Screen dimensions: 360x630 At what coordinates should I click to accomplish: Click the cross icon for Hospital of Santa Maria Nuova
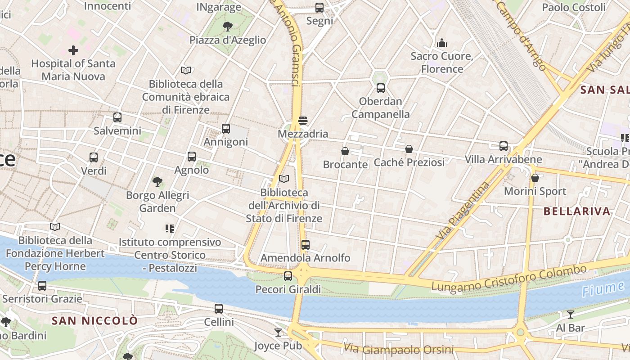click(73, 50)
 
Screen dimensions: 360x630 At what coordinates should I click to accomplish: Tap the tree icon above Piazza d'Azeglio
click(228, 27)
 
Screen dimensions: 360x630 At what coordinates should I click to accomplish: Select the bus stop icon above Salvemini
click(117, 117)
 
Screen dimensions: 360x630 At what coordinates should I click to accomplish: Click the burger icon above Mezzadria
click(303, 121)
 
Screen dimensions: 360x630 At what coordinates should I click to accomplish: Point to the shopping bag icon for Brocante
click(345, 151)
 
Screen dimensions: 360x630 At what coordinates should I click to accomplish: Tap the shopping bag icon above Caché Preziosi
click(409, 149)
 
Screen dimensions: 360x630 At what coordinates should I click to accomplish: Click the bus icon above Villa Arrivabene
click(504, 146)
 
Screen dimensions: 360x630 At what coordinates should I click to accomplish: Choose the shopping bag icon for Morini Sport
click(535, 178)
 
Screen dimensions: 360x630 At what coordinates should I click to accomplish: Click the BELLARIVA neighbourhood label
click(576, 211)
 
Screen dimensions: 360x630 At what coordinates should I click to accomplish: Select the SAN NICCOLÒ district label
click(94, 321)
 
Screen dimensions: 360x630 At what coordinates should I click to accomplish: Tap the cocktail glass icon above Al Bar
click(571, 315)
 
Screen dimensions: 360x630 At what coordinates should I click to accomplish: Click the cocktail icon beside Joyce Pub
click(278, 333)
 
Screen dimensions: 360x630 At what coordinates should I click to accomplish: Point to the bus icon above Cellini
click(219, 309)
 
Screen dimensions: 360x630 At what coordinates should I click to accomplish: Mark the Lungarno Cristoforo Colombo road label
click(509, 279)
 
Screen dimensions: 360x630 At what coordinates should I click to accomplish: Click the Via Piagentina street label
click(462, 210)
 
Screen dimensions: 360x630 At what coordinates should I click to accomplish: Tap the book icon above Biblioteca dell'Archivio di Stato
click(284, 179)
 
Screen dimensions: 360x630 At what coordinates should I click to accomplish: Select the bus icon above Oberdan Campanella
click(381, 88)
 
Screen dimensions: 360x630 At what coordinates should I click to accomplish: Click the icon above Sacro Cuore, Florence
click(442, 43)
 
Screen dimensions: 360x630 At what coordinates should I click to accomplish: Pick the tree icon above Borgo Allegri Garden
click(157, 182)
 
